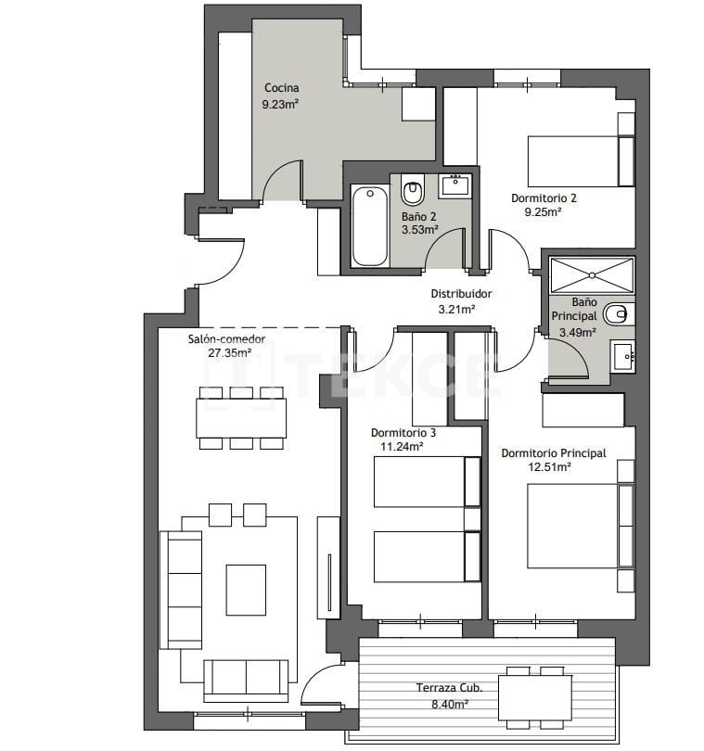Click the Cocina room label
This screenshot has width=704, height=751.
click(x=280, y=88)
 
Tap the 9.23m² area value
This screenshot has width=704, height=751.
click(x=280, y=105)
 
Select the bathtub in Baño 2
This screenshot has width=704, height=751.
click(x=369, y=224)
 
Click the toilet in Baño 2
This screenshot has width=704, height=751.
click(x=412, y=192)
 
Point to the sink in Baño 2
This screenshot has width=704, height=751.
click(x=454, y=185)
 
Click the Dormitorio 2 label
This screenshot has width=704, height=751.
click(x=544, y=197)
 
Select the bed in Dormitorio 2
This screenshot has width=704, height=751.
click(x=571, y=160)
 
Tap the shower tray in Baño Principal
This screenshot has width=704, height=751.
click(x=591, y=275)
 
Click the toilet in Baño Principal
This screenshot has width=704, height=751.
click(x=617, y=314)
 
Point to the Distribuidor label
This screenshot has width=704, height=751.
click(x=461, y=294)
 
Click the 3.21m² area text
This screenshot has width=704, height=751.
click(x=456, y=310)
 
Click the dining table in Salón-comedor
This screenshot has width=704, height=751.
click(x=241, y=417)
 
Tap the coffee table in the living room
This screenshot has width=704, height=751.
click(x=246, y=590)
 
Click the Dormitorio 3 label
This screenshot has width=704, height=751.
click(x=403, y=432)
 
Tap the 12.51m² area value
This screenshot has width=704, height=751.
click(x=549, y=467)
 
